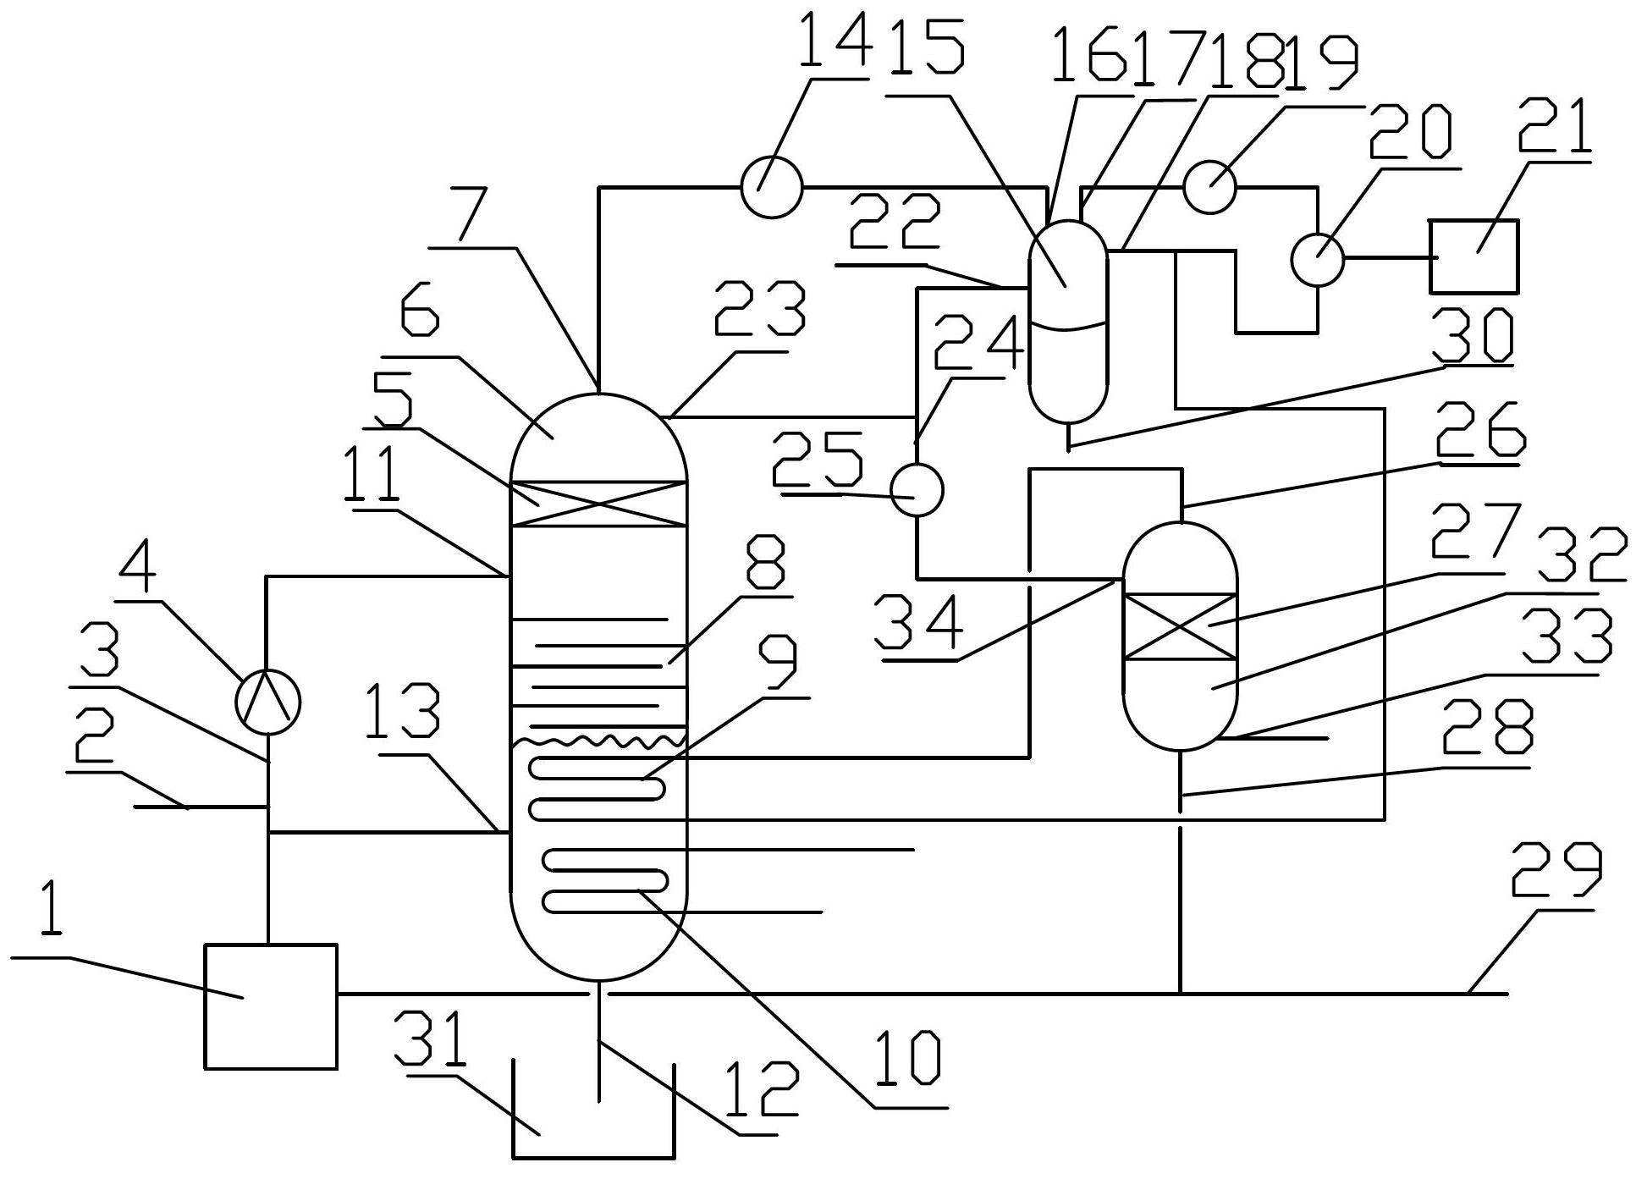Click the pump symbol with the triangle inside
point(267,701)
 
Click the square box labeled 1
point(270,1006)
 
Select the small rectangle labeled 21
point(1474,256)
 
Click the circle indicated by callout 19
point(1209,187)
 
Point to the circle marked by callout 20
point(1317,258)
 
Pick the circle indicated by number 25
point(917,489)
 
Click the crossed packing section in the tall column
point(598,504)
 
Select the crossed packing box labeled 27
point(1180,626)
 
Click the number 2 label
point(93,736)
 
